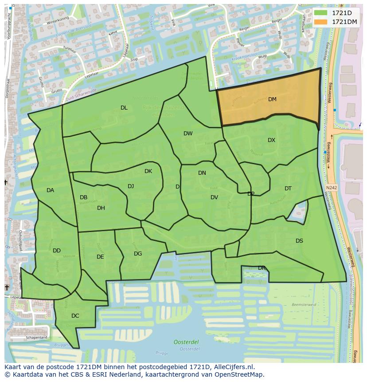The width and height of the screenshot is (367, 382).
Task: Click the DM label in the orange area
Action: point(272,99)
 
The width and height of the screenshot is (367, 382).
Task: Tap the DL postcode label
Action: point(124,108)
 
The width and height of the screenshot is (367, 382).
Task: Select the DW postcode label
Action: point(188,134)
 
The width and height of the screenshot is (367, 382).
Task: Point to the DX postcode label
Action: point(271,140)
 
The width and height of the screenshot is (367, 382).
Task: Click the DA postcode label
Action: point(50,190)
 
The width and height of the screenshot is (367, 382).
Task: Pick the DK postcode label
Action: point(148,171)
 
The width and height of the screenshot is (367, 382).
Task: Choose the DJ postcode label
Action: point(131,186)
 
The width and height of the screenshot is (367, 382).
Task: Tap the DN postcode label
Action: point(202,173)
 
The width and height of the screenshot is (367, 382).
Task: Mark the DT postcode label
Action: point(288,189)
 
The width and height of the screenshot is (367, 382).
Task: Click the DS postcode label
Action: point(299,241)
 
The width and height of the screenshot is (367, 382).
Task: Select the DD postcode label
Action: point(57,251)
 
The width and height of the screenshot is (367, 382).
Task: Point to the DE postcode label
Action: point(100,257)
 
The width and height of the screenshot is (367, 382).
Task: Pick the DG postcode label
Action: point(138,254)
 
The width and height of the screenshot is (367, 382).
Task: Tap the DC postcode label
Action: point(75,316)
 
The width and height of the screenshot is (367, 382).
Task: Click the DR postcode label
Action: point(262,268)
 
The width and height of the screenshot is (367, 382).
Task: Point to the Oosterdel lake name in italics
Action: point(186,342)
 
